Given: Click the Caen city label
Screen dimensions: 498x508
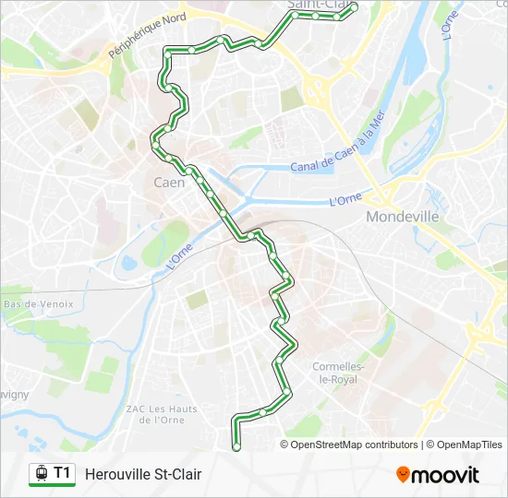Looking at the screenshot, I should click(x=169, y=183).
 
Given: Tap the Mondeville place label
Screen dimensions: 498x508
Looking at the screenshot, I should click(x=402, y=217).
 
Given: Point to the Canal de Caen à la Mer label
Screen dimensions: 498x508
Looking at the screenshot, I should click(x=336, y=148).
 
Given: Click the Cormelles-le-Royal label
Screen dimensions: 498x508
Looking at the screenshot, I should click(x=340, y=373).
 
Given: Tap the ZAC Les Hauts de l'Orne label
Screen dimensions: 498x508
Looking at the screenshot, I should click(x=163, y=414).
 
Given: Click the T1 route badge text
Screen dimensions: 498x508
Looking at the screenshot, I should click(x=62, y=473).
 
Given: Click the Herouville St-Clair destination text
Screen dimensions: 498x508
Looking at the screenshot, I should click(x=143, y=474).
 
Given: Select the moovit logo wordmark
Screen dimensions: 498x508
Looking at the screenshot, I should click(x=445, y=475).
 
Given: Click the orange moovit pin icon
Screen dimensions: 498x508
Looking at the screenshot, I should click(x=403, y=475).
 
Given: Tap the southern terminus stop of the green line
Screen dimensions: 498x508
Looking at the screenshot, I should click(x=236, y=446).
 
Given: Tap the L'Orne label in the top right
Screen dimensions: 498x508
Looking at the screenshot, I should click(x=450, y=25).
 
